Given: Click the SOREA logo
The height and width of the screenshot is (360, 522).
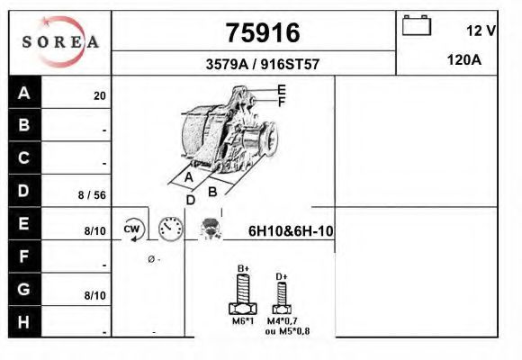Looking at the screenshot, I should point(59,41).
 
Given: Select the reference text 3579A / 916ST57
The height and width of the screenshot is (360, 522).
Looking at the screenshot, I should point(261,64).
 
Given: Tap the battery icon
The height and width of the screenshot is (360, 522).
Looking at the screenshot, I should point(417,25).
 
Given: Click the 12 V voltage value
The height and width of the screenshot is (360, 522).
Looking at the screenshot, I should point(481,31).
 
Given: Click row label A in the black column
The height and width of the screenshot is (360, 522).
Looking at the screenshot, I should point(24,94).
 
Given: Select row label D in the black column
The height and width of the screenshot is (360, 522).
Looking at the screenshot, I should point(24,191).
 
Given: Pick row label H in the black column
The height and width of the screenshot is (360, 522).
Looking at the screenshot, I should point(24,322).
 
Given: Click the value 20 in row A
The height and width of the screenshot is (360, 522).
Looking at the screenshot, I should point(100,96).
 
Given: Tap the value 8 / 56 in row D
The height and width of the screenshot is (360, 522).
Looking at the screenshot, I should point(93,194).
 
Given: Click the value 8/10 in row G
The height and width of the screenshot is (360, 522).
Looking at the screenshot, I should point(94,295).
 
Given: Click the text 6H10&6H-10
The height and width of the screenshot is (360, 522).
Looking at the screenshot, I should point(291,231).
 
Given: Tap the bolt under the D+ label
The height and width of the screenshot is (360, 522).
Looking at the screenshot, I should point(282,295).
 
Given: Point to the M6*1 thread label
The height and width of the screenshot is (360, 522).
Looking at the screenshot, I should point(242,321).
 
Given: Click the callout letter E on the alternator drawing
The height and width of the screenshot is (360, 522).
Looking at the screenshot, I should point(282,89).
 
